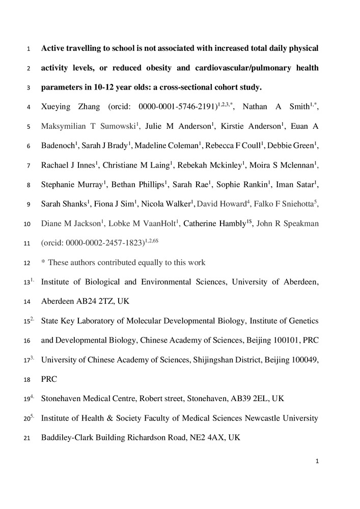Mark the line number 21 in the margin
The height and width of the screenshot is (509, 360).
(29, 438)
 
